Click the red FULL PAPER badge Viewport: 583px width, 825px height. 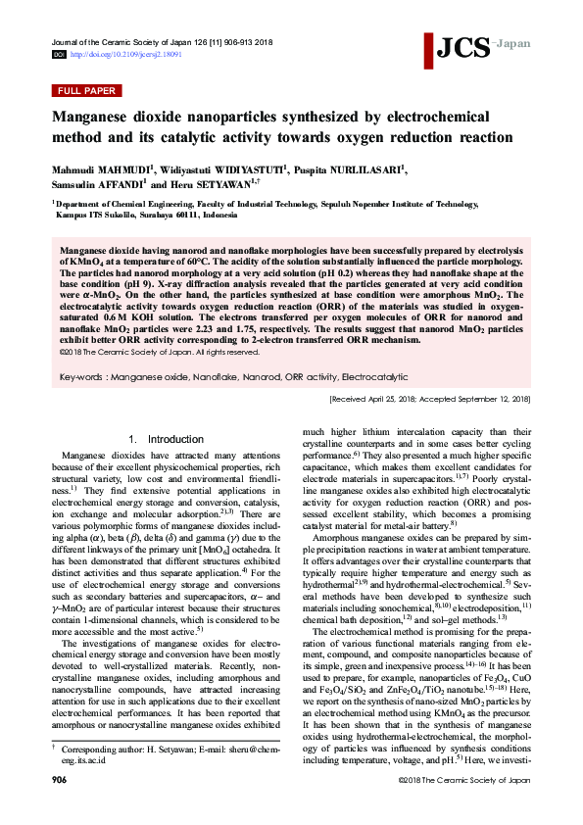(x=86, y=91)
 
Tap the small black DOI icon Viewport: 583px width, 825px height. (x=58, y=55)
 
